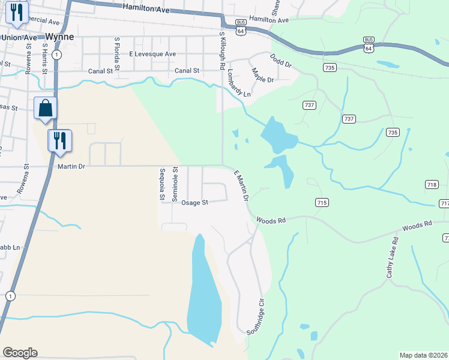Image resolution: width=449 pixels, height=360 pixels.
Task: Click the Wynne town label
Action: coord(60,37)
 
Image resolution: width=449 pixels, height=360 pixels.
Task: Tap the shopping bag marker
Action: coord(46,109)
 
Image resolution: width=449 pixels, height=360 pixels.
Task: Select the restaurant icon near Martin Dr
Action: coord(60,141)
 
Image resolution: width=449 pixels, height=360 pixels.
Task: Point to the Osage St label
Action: coord(196,203)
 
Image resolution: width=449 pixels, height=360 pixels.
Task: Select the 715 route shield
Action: coord(322,203)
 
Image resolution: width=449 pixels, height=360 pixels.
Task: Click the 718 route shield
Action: coord(431,184)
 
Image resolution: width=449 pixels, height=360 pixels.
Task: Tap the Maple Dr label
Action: coord(262,76)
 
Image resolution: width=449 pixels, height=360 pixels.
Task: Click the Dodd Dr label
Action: coord(280,62)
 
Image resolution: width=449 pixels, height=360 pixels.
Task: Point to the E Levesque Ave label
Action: coord(152,54)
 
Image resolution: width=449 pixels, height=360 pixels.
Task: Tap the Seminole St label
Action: coord(175,183)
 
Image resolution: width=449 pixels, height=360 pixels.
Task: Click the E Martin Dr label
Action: coord(241,184)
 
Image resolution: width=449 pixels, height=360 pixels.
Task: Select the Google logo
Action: coord(20,353)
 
